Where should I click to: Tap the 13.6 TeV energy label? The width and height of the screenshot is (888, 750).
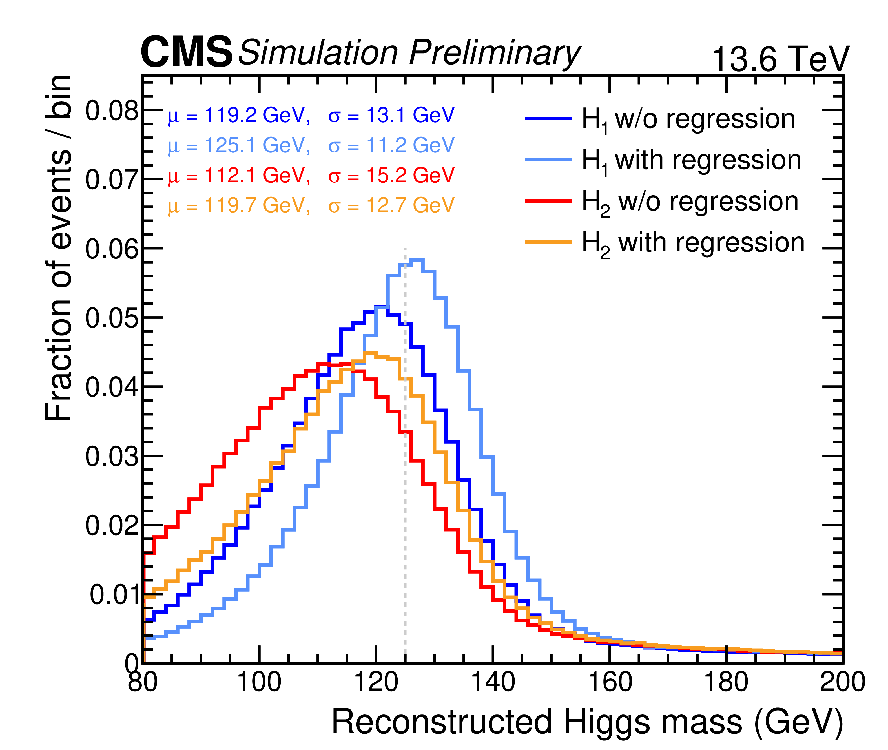780,59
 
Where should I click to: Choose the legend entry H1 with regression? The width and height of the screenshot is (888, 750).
691,161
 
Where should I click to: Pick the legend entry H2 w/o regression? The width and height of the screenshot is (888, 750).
690,202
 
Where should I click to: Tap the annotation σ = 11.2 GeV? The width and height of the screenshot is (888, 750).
391,145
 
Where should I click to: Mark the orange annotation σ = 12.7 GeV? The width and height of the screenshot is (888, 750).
391,206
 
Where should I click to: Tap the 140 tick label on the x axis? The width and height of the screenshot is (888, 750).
493,682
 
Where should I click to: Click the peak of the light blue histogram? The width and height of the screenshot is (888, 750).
417,260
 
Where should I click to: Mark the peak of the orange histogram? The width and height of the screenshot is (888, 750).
371,353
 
